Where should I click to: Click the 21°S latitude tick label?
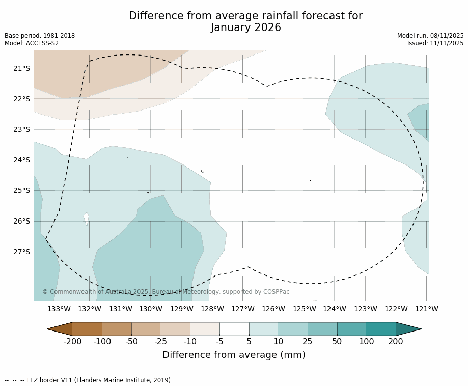[21, 68]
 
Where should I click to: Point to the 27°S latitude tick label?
[21, 252]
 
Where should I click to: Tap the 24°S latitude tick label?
[21, 160]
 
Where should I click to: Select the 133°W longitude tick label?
[59, 309]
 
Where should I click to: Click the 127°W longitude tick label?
[243, 309]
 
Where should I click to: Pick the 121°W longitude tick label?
[427, 309]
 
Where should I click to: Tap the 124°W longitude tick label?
[335, 309]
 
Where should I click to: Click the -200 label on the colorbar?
[73, 342]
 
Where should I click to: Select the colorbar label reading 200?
[396, 342]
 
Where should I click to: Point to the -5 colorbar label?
[219, 342]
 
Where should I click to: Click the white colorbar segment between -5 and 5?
[234, 329]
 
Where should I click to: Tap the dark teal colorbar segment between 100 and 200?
[381, 329]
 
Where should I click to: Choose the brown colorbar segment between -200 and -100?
[88, 329]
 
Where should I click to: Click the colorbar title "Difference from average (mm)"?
[234, 355]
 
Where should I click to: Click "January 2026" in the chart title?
[245, 28]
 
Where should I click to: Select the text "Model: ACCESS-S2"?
[32, 43]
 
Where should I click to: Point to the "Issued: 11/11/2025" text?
[435, 43]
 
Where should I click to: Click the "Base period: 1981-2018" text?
[40, 36]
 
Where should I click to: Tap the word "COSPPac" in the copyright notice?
[277, 292]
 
